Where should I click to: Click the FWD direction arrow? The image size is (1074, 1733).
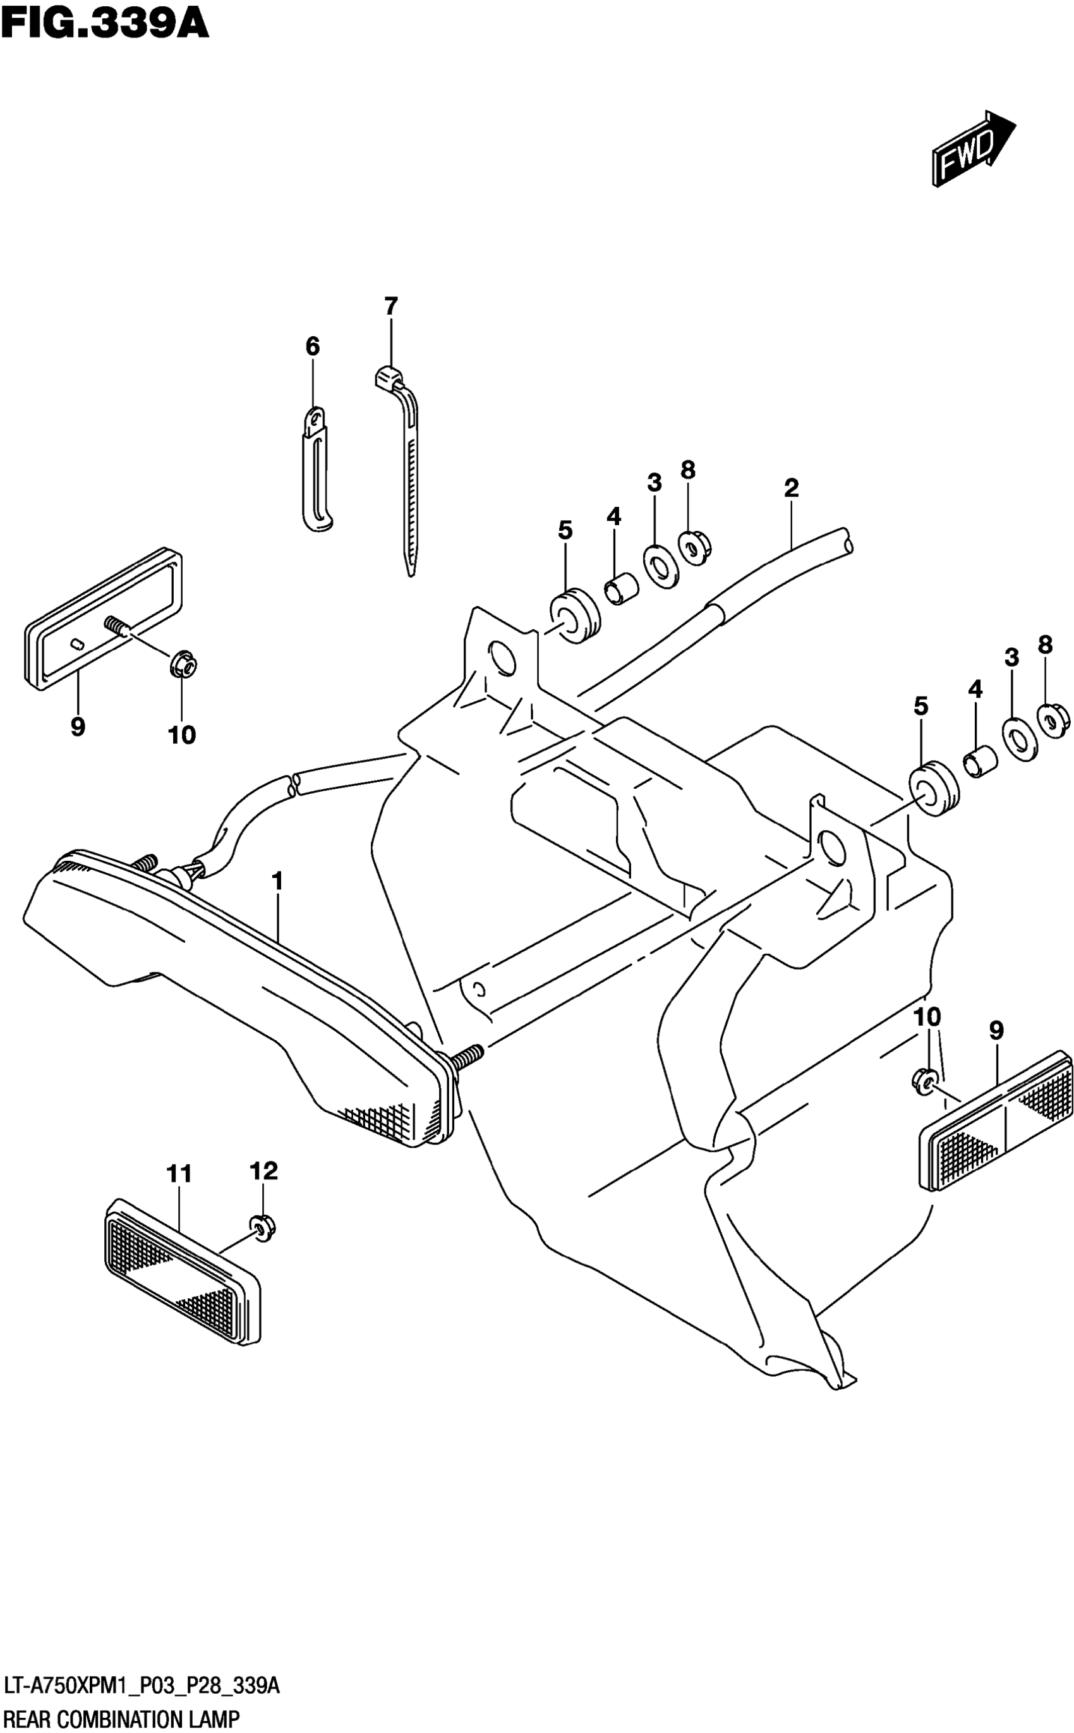click(973, 149)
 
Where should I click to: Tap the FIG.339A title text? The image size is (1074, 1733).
click(105, 24)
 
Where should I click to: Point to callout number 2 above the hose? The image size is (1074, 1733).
click(792, 488)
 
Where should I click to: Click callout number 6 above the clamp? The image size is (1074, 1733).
click(313, 347)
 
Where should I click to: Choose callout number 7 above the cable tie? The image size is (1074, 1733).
click(390, 307)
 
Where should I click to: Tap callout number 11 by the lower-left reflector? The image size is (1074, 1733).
click(179, 1174)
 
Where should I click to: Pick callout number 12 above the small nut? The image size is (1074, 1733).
click(263, 1171)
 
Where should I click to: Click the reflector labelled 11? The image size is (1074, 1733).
click(183, 1271)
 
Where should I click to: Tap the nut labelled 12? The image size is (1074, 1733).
click(262, 1228)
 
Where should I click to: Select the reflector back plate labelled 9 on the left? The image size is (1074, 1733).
click(103, 618)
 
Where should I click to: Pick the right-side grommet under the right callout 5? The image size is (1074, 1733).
click(933, 789)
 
